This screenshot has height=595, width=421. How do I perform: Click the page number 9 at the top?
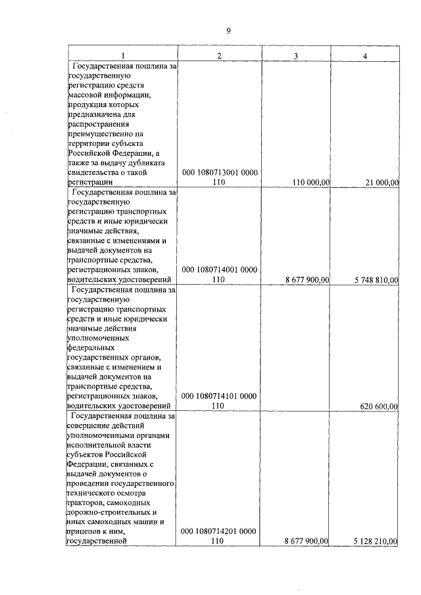[228, 30]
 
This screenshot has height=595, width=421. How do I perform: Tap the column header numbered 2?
[219, 56]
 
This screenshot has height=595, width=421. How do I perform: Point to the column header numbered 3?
[296, 56]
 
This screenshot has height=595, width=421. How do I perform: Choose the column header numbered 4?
[365, 56]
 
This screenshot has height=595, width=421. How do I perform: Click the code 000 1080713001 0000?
[219, 172]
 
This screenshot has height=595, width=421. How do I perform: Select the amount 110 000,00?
[307, 182]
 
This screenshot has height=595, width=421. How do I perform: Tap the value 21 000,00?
[381, 182]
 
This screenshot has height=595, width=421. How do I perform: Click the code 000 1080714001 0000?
[219, 269]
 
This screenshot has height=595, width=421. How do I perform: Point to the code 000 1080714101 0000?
[219, 396]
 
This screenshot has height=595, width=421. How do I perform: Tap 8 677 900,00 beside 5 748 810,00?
[307, 279]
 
